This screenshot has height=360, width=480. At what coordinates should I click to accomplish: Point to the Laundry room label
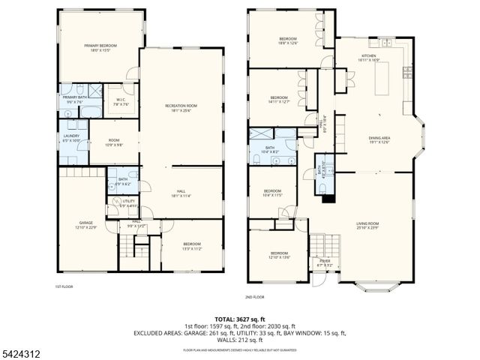pyautogui.click(x=72, y=138)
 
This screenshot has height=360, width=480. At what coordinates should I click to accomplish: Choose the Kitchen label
pyautogui.click(x=368, y=58)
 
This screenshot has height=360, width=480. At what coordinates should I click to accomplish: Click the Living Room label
pyautogui.click(x=367, y=225)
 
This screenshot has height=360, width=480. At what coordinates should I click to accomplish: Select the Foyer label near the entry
pyautogui.click(x=325, y=262)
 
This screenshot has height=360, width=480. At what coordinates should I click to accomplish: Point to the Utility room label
pyautogui.click(x=129, y=202)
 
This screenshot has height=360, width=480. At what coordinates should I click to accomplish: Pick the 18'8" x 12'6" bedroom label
pyautogui.click(x=289, y=40)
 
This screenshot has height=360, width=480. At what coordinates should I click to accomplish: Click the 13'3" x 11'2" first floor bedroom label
pyautogui.click(x=192, y=247)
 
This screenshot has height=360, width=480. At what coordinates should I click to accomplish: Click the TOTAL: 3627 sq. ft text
pyautogui.click(x=239, y=319)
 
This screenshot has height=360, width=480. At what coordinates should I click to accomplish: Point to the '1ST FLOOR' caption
pyautogui.click(x=63, y=286)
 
